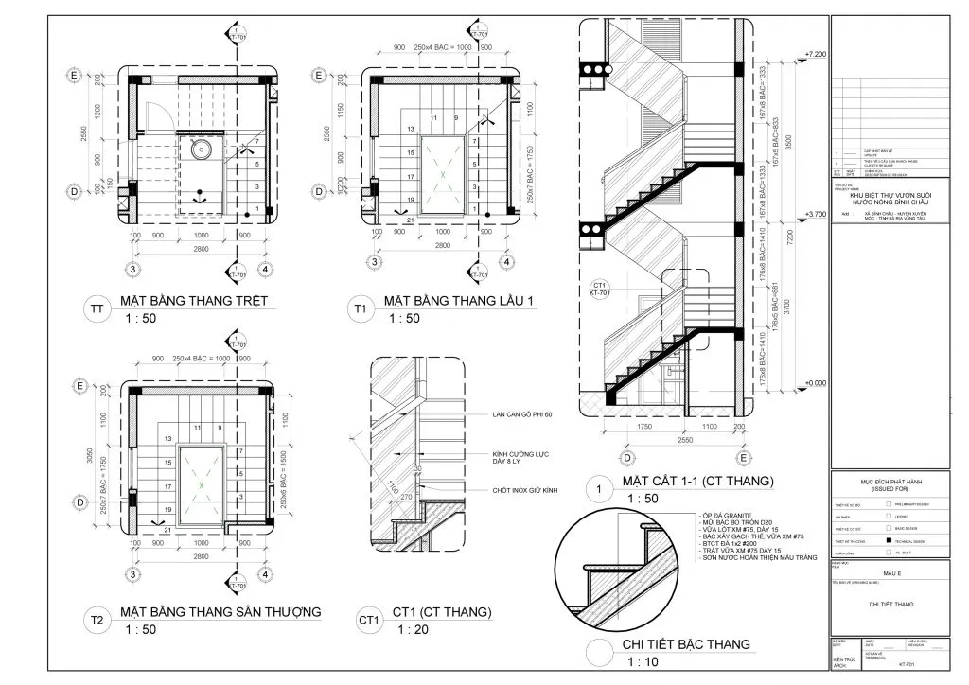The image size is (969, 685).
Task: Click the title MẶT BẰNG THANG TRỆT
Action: point(194,302)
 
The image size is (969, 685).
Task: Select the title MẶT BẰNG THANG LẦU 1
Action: point(458,302)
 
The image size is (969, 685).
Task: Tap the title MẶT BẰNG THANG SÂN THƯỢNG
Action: point(220,612)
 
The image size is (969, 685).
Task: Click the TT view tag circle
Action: point(97,309)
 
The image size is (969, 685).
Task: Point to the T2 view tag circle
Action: point(97,621)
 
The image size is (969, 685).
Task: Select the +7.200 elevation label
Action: point(813,56)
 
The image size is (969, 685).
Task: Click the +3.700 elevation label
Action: point(813,215)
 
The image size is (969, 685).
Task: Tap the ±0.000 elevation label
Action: point(813,382)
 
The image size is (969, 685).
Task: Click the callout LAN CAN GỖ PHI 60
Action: point(521,414)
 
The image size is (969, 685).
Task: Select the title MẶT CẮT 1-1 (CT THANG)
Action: point(696,482)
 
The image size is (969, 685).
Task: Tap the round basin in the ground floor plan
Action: point(201,149)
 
